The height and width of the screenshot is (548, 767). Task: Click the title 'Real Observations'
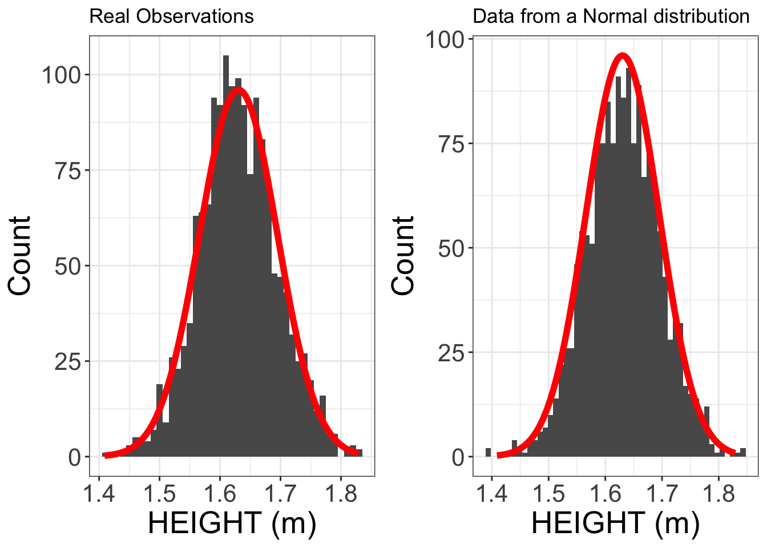171,16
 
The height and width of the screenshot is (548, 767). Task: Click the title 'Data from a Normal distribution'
611,16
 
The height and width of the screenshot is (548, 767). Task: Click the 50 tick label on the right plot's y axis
451,249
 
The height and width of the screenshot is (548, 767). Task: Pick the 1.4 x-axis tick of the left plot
99,494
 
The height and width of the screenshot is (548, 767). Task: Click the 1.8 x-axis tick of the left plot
341,494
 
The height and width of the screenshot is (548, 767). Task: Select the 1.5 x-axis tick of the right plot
548,494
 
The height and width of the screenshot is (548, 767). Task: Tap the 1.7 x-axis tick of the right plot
661,494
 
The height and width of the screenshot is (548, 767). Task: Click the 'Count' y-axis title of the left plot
20,255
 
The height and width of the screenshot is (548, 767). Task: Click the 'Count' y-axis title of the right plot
403,255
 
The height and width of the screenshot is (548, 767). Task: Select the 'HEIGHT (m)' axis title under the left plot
232,523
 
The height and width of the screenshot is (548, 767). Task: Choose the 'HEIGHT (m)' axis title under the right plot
615,523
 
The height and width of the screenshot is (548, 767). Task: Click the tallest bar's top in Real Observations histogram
226,57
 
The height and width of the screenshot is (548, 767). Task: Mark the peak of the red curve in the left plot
239,89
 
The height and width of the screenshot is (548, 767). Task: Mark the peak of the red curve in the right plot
622,55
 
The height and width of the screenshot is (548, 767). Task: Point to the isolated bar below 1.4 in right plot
488,452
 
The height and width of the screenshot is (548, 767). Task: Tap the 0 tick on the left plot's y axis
75,457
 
